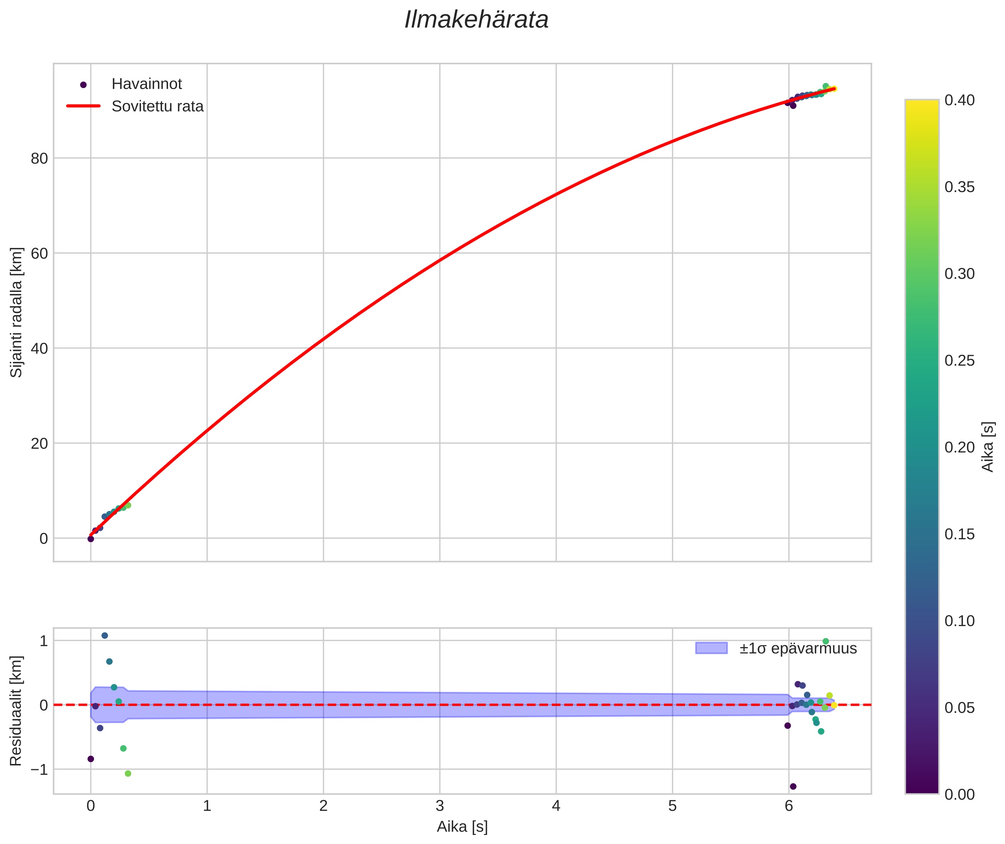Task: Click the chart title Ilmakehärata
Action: click(476, 20)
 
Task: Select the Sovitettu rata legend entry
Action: click(135, 106)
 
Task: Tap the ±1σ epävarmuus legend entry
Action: click(776, 648)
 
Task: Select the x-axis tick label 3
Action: click(440, 806)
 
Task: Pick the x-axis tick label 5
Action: click(672, 806)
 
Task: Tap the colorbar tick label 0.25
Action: click(960, 361)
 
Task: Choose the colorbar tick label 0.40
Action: click(960, 100)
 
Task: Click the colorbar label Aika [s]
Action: click(988, 446)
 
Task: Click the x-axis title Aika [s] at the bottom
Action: click(462, 827)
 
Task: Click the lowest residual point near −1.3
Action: click(793, 787)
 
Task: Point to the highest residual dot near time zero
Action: click(105, 635)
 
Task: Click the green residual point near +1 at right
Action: click(825, 641)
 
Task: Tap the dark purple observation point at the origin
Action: click(91, 539)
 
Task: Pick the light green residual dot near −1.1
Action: click(128, 774)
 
